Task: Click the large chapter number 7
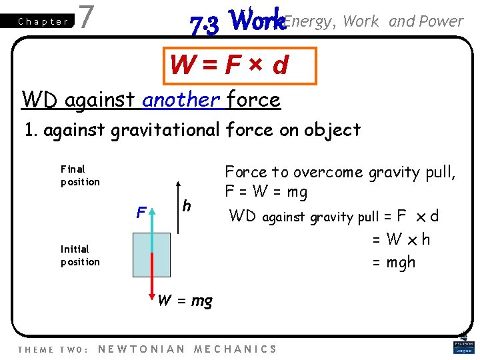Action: [x=85, y=17]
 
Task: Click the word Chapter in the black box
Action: [x=43, y=21]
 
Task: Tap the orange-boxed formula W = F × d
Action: [x=229, y=65]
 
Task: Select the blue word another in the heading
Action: [x=181, y=100]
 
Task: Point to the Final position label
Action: [x=80, y=175]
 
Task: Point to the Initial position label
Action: [x=80, y=255]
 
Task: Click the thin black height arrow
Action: [x=178, y=207]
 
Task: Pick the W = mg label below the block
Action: [x=185, y=301]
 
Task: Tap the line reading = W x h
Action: [x=401, y=239]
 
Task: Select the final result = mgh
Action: [x=393, y=262]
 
